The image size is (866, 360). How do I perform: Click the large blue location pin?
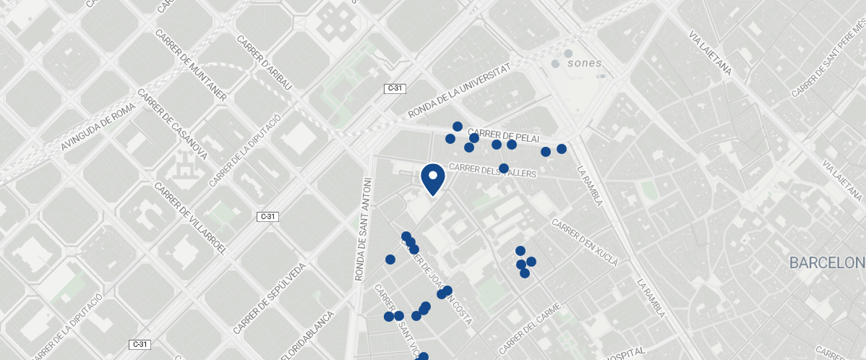[432, 179]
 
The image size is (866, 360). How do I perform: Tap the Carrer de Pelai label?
[514, 135]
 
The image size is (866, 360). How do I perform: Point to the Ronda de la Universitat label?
[459, 90]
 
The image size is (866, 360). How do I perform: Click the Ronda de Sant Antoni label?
[363, 228]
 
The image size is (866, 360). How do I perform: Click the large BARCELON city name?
[827, 262]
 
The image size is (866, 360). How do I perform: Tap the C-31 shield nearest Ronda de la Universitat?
[395, 88]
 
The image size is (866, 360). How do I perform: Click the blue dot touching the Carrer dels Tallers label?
[504, 168]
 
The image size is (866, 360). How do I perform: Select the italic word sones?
[584, 63]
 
